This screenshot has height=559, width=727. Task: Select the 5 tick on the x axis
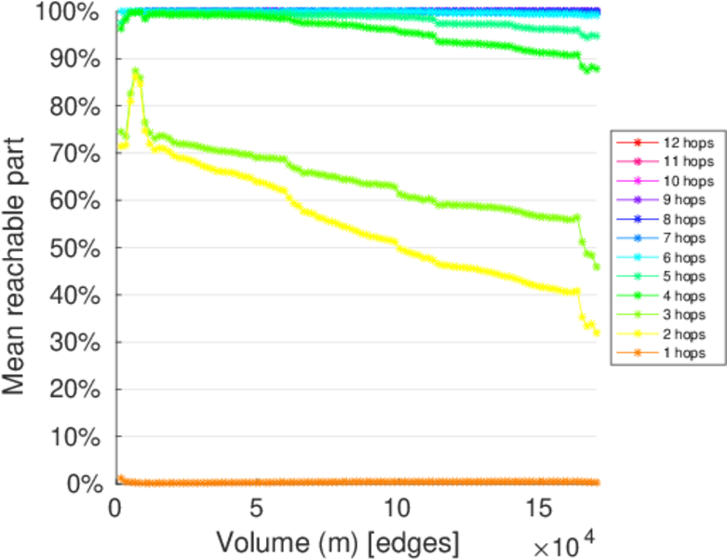(x=256, y=509)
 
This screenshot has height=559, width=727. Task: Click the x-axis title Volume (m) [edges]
(x=336, y=541)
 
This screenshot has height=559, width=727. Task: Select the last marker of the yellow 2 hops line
(x=597, y=333)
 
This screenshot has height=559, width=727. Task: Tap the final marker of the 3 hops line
(x=597, y=266)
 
